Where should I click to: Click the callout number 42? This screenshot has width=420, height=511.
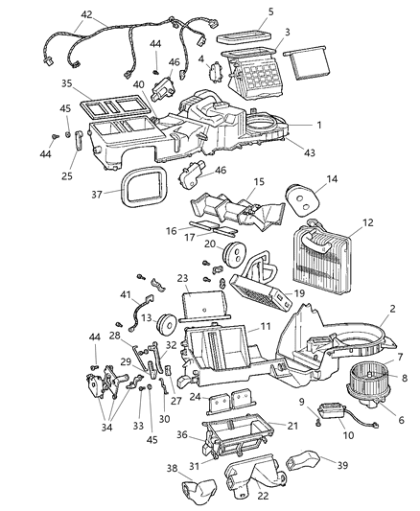point(86,14)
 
